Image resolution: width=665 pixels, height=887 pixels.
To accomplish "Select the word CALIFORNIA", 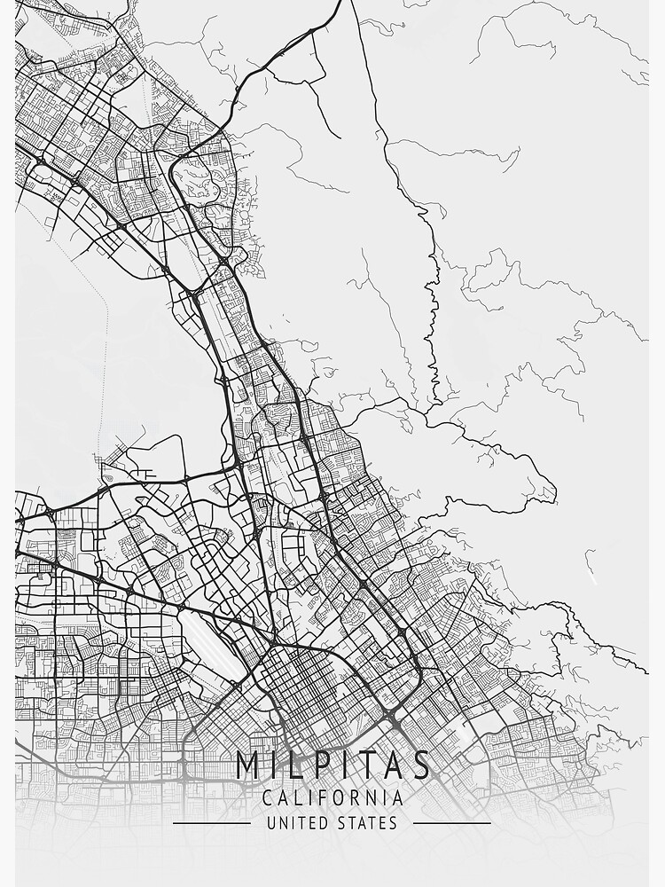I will pyautogui.click(x=332, y=798).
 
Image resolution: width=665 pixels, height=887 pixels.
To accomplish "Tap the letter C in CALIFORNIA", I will pyautogui.click(x=268, y=798).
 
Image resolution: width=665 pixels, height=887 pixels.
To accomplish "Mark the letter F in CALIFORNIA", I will pyautogui.click(x=325, y=798).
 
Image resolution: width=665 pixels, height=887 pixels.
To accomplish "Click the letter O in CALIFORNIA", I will pyautogui.click(x=340, y=798).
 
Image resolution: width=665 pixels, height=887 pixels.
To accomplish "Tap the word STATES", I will pyautogui.click(x=367, y=823).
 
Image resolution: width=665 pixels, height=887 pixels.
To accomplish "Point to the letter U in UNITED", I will pyautogui.click(x=270, y=823).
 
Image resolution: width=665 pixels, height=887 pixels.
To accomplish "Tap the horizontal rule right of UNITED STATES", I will pyautogui.click(x=452, y=823).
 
